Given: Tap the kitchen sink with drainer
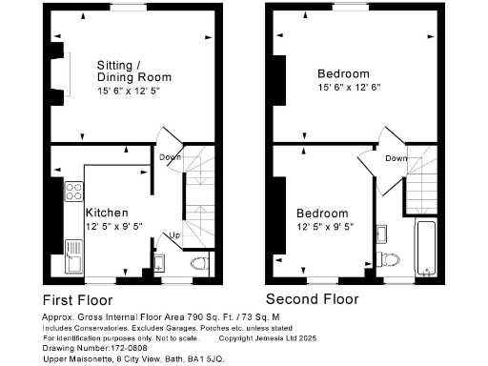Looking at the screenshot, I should pos(73,254).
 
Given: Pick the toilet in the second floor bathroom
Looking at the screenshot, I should pos(388,258).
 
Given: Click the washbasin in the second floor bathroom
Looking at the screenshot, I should pos(381,233).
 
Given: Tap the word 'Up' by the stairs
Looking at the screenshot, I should pos(174,235).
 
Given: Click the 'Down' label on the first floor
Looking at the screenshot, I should pos(171,157).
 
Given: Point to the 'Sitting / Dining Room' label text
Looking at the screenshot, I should pos(133,71).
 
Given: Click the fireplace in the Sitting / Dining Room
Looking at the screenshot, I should pos(64,71).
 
